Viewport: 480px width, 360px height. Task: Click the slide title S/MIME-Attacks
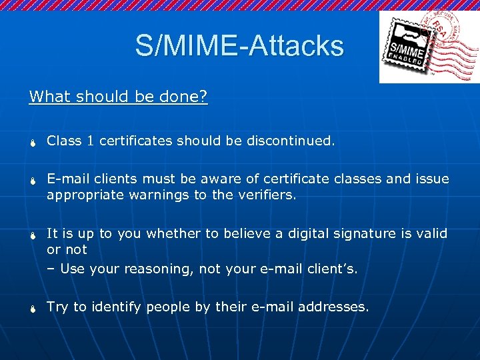point(239,46)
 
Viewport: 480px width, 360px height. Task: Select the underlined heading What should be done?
point(118,97)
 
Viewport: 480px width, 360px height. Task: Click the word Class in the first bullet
point(65,141)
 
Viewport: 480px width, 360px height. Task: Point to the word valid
point(431,233)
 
